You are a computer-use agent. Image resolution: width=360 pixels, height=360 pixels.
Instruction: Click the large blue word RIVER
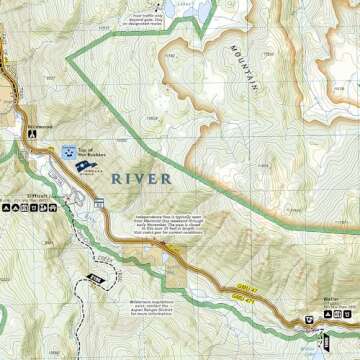[141, 178]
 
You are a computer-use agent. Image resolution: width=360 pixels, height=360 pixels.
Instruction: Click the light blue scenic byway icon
[68, 153]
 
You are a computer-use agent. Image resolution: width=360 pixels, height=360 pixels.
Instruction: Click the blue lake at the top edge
[186, 8]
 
